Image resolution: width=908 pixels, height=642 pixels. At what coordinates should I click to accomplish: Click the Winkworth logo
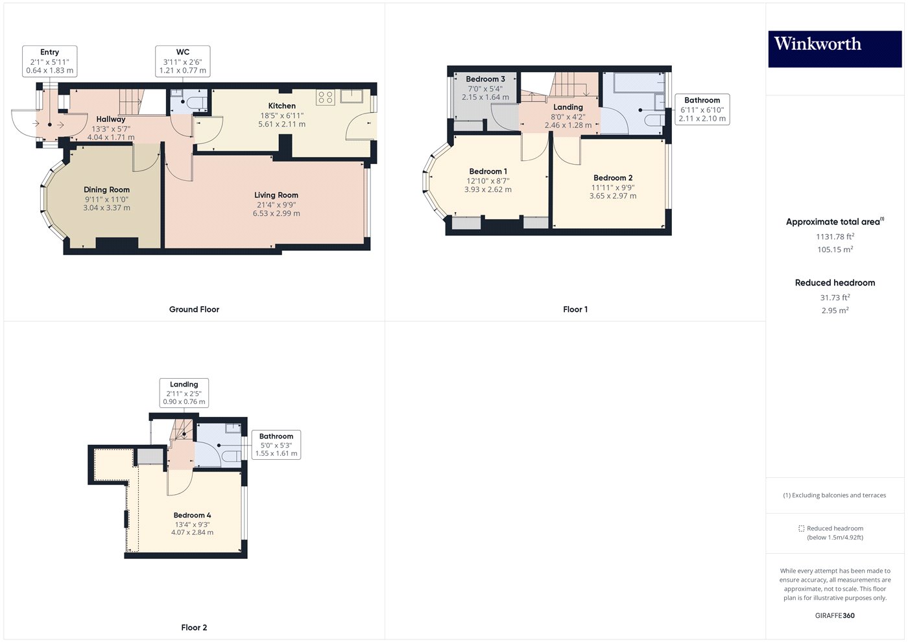[x=834, y=48]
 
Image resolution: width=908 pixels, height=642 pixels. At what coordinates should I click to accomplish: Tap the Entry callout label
[x=50, y=61]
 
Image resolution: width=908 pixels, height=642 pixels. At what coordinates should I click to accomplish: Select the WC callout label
[x=183, y=61]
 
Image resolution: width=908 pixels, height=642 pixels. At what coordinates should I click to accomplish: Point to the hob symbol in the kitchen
[x=325, y=98]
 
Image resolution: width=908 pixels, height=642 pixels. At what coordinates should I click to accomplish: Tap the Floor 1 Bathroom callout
[x=702, y=109]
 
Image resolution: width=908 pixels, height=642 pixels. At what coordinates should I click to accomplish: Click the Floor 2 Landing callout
[x=184, y=393]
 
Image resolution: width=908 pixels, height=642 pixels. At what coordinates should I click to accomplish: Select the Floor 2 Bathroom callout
[x=276, y=445]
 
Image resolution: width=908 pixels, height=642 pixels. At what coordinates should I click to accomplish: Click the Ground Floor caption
[x=194, y=309]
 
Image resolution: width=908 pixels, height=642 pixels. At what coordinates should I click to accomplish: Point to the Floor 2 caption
[x=194, y=627]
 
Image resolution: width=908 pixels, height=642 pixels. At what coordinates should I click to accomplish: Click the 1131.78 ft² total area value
[x=835, y=237]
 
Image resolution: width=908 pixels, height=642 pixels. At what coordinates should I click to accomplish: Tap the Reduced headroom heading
[x=835, y=283]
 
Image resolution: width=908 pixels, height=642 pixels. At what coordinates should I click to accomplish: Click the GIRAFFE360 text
[x=835, y=615]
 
